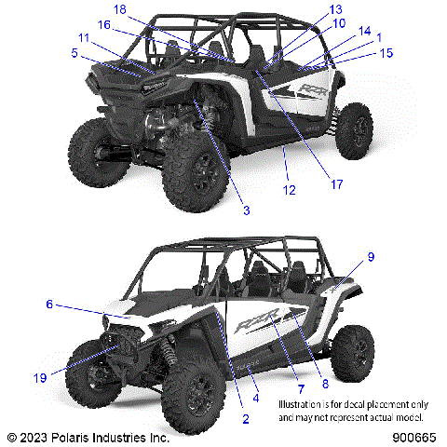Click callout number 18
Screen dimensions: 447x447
tap(118, 8)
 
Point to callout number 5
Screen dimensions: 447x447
tap(74, 53)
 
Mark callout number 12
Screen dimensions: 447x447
tap(290, 190)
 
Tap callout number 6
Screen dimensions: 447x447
tap(49, 304)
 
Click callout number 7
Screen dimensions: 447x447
tap(302, 386)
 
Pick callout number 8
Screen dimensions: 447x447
tap(324, 384)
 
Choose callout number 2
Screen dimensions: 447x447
tap(245, 418)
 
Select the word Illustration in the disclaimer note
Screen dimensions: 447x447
tap(306, 406)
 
